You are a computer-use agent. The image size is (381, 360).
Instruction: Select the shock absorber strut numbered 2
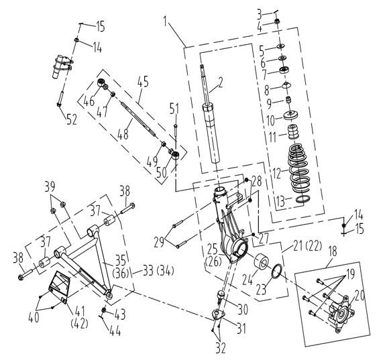[211, 117]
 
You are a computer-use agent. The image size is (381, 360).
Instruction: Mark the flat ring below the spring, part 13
[303, 199]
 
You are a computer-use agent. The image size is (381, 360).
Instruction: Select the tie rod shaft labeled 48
[132, 119]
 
